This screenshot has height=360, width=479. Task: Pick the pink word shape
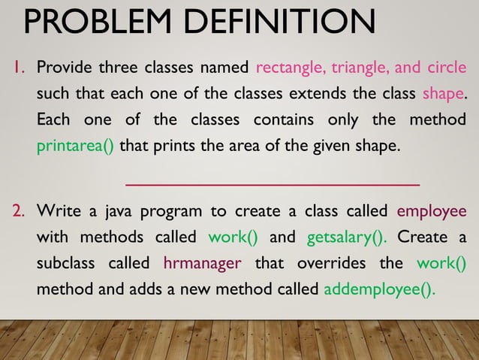pos(443,95)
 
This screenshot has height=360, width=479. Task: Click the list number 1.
pos(18,69)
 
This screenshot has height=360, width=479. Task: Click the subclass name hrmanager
pos(202,264)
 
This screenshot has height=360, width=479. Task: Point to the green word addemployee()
pos(379,289)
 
